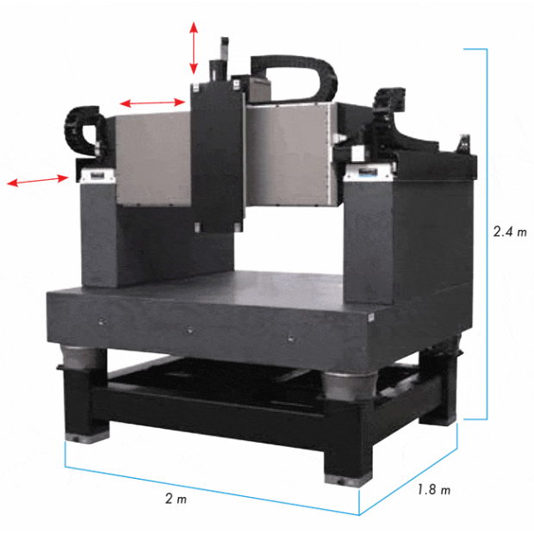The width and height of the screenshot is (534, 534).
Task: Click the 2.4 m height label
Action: click(x=510, y=232)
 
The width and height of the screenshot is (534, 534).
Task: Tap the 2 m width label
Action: click(x=176, y=499)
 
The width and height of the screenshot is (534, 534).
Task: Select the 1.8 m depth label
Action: click(x=433, y=490)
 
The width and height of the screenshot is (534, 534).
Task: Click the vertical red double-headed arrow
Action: click(x=194, y=48)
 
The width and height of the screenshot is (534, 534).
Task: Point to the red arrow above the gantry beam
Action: click(x=152, y=102)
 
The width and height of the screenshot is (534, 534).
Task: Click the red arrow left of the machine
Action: click(x=38, y=180)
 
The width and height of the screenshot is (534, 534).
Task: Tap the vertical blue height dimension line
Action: click(x=487, y=234)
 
